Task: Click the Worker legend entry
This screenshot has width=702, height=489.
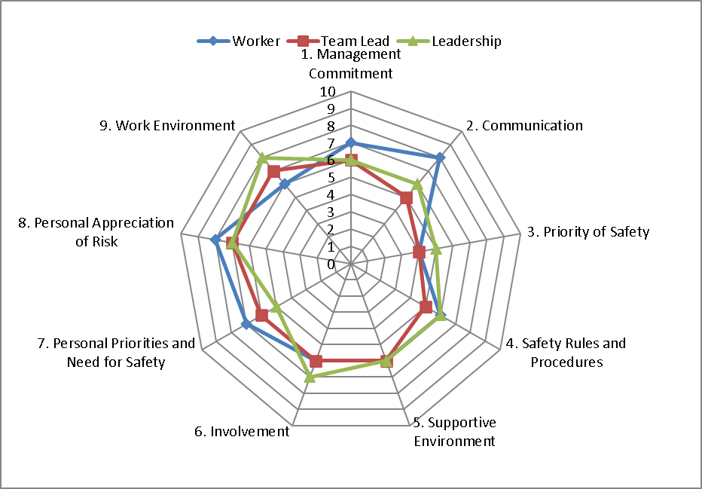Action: click(239, 41)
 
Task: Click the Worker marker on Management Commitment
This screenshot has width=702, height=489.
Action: click(350, 143)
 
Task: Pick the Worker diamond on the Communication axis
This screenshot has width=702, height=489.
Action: click(440, 157)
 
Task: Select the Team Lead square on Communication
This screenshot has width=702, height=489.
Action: click(406, 198)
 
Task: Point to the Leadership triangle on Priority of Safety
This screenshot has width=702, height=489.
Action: click(435, 249)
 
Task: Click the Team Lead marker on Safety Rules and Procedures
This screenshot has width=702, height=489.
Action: click(426, 307)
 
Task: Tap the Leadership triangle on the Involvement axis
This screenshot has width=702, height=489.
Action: click(309, 377)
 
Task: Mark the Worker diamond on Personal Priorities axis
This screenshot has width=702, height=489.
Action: click(246, 324)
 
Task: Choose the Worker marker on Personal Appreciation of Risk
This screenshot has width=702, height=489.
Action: click(215, 240)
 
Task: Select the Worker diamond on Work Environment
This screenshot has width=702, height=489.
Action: click(284, 184)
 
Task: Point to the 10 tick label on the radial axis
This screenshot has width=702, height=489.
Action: click(328, 92)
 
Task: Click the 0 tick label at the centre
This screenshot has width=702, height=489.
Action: click(331, 264)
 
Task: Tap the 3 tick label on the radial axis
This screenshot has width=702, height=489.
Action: click(331, 212)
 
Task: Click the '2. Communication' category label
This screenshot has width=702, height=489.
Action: click(524, 126)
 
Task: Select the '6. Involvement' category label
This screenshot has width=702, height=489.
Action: click(241, 432)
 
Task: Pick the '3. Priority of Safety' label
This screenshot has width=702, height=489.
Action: click(588, 232)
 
